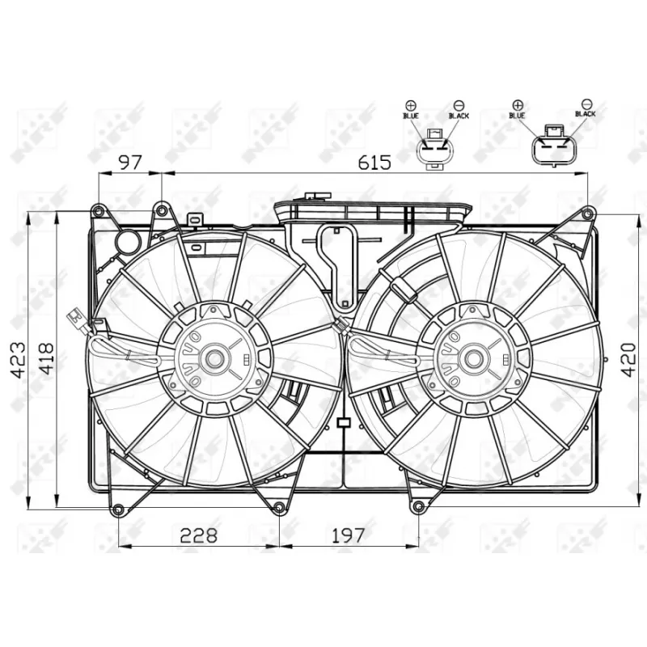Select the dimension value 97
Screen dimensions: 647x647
[129, 162]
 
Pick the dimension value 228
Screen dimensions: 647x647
[198, 535]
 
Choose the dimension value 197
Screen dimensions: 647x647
[348, 535]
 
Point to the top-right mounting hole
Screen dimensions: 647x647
[587, 213]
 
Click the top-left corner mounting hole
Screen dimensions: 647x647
[98, 212]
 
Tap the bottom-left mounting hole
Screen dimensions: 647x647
[119, 510]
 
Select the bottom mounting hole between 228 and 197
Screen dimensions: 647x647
[279, 508]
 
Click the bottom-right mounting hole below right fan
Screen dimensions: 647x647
[418, 507]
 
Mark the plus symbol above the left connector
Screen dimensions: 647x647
[410, 105]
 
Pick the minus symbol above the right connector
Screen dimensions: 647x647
[587, 104]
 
